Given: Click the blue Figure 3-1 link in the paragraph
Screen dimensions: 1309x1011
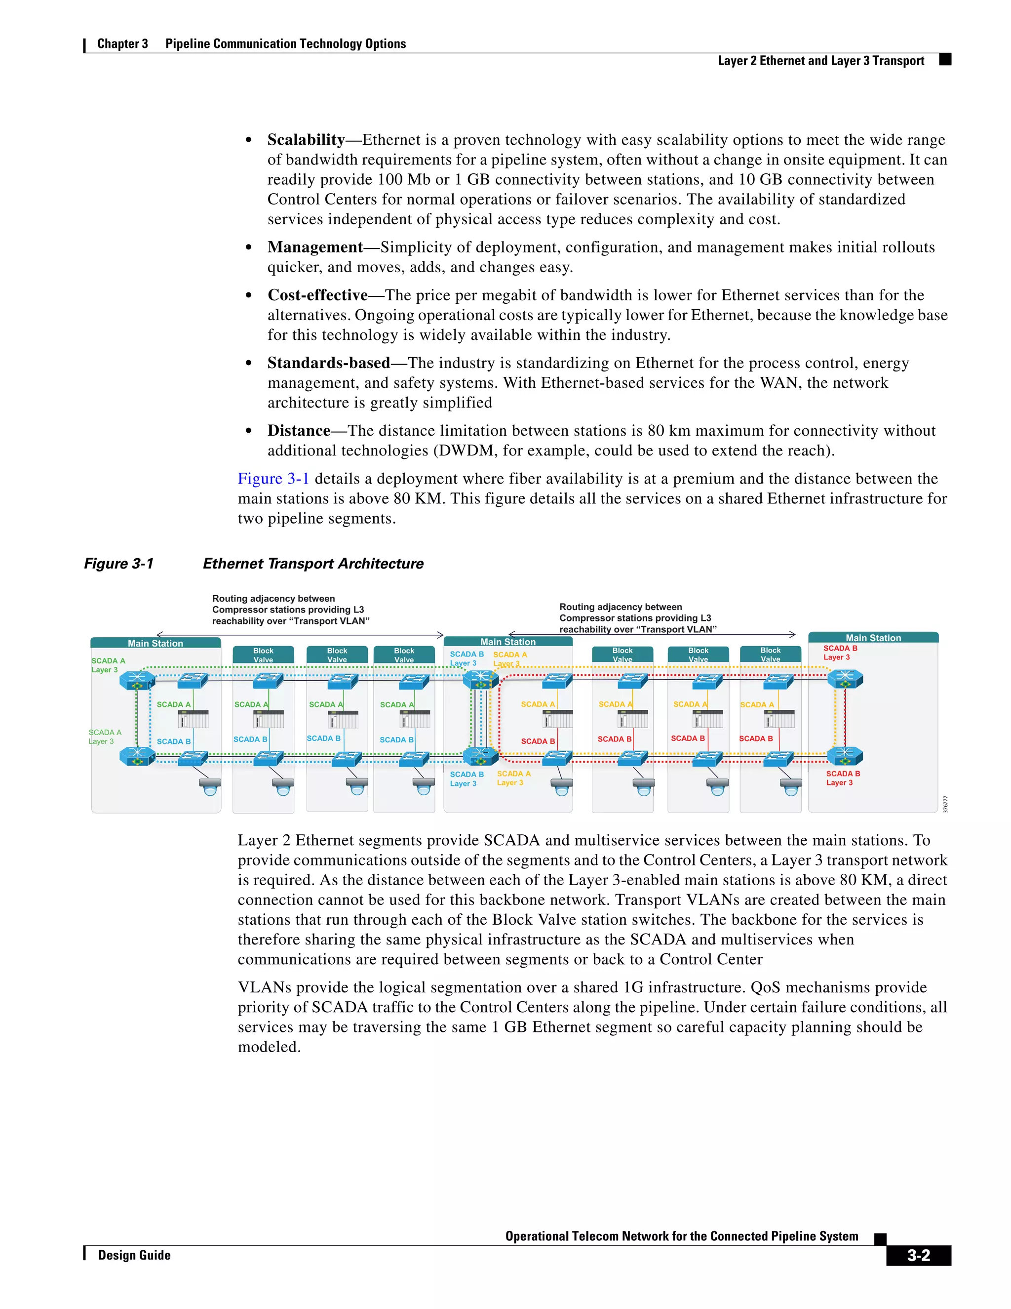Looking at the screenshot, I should coord(273,479).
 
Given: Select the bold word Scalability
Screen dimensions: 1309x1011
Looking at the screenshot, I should coord(306,140).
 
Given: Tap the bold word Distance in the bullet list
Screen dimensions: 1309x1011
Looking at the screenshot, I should coord(299,431).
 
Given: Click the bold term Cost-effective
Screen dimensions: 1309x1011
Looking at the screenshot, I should coord(317,295).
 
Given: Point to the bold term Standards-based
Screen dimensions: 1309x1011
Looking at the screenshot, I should coord(329,363).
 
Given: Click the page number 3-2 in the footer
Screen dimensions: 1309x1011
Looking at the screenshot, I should coord(918,1255).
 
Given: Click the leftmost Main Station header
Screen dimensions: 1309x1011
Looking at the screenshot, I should coord(156,643).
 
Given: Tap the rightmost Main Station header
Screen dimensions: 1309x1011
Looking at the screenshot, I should coord(873,638).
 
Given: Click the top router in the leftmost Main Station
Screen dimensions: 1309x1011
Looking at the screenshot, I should coord(138,681).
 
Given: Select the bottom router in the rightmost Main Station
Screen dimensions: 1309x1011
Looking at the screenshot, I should coord(845,756).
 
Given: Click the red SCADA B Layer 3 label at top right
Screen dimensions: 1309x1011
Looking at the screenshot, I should coord(840,653).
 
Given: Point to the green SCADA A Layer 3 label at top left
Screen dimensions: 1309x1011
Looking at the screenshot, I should coord(108,665).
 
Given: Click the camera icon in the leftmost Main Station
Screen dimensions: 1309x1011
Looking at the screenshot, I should coord(210,786).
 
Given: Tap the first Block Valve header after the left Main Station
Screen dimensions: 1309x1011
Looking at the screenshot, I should coord(263,654).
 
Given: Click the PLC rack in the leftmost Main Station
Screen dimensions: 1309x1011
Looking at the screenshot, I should coord(194,719).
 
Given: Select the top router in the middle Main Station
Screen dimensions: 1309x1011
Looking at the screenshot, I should coord(480,680).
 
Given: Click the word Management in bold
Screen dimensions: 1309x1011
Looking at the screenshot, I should coord(315,247).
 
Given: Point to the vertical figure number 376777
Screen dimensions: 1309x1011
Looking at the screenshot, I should coord(945,804).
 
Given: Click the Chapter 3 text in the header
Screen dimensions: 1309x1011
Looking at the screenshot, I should coord(122,44).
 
